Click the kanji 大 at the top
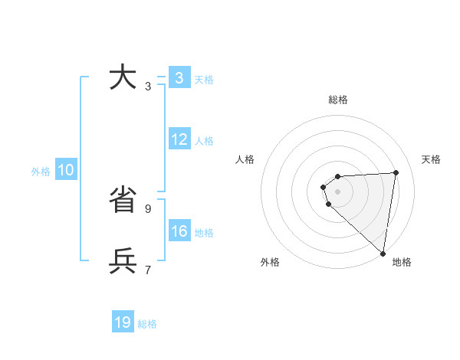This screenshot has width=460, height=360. [123, 78]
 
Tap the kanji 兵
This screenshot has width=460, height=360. [123, 261]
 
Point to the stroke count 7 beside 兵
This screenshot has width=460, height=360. [148, 270]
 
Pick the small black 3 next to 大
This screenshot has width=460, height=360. [148, 87]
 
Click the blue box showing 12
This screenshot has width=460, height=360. [179, 139]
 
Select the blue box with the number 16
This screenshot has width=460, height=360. [179, 231]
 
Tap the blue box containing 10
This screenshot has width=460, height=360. [66, 170]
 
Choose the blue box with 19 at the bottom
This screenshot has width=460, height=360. [123, 322]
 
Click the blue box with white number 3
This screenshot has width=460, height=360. [179, 78]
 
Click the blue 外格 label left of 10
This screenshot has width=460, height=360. [41, 172]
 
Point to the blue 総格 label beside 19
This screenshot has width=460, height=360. [147, 324]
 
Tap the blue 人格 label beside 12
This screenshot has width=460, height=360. [204, 141]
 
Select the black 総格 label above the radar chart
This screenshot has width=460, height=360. [338, 100]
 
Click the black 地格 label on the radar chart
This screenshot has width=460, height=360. [402, 263]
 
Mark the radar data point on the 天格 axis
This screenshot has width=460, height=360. [396, 172]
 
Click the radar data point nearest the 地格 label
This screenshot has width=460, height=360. [383, 254]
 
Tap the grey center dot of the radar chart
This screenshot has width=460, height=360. [338, 191]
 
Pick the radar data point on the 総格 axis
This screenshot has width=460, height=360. [338, 176]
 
